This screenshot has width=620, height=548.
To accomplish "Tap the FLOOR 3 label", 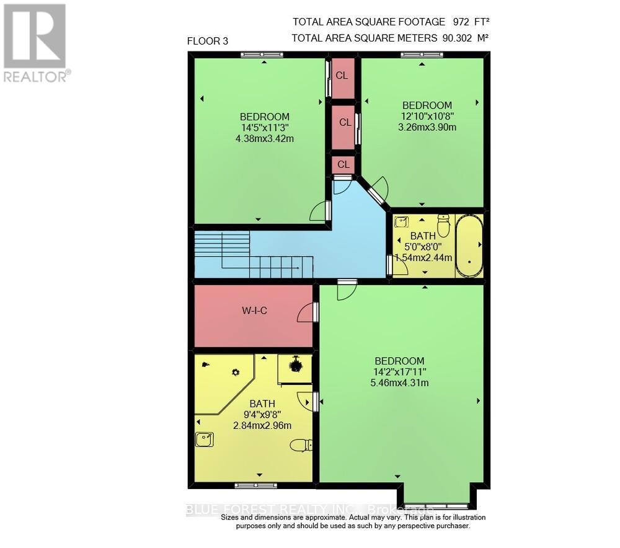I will coord(208,42).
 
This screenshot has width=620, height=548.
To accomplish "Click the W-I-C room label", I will coord(254,311).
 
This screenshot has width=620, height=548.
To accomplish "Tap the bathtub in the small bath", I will coord(469,245).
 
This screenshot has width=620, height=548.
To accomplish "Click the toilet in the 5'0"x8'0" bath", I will coord(443,225).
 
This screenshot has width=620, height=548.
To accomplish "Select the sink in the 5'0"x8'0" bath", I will coord(401,222).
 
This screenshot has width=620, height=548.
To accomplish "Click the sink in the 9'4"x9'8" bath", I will coord(204,439).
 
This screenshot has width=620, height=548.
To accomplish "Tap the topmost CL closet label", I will coord(342,76).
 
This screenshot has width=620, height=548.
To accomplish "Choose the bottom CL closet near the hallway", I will coord(343,164).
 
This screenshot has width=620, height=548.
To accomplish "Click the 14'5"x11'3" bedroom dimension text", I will coord(265,128).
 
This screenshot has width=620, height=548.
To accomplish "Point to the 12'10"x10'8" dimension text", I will coord(427,116).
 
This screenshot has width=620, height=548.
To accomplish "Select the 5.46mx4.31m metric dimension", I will coord(399,382).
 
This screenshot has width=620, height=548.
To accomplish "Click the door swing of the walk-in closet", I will coord(306,314).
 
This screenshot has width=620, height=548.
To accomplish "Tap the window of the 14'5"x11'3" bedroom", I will coord(262,55).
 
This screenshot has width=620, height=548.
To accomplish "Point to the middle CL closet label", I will coord(345,123).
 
